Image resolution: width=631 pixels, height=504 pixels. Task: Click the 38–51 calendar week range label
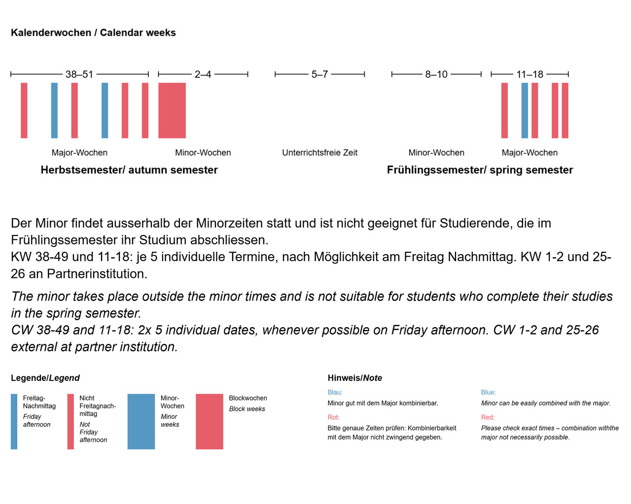(x=79, y=74)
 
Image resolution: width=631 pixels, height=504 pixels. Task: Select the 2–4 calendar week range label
(x=203, y=74)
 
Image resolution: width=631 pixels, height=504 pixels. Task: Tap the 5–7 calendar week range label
(x=319, y=74)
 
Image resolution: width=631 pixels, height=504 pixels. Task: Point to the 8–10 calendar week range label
(x=436, y=74)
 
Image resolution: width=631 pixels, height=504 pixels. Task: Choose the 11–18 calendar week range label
(x=529, y=74)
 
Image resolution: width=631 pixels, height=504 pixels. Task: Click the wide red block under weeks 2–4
(x=172, y=110)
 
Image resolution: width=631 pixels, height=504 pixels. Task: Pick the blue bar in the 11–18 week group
(x=525, y=110)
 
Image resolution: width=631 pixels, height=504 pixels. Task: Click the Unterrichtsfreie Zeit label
(x=319, y=153)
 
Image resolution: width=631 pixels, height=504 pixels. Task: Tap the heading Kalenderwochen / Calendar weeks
(x=93, y=33)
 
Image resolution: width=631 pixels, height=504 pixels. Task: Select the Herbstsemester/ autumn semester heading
(x=129, y=170)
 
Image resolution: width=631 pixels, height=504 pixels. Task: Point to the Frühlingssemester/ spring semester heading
(x=480, y=170)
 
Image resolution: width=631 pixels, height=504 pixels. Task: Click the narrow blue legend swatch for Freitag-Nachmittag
(x=14, y=422)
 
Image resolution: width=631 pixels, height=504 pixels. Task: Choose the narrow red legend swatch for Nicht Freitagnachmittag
(x=70, y=422)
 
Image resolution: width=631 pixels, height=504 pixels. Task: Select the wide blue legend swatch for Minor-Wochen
(x=141, y=422)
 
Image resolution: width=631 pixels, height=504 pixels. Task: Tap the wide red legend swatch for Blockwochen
(x=210, y=422)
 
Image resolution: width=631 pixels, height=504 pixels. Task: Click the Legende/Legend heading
(x=45, y=378)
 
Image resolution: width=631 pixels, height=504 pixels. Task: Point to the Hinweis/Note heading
(x=355, y=378)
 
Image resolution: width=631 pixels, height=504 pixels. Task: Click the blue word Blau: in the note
(x=335, y=392)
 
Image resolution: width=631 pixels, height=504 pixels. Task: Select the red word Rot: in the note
(x=333, y=417)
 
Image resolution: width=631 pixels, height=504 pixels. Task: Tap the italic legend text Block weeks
(x=247, y=409)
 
